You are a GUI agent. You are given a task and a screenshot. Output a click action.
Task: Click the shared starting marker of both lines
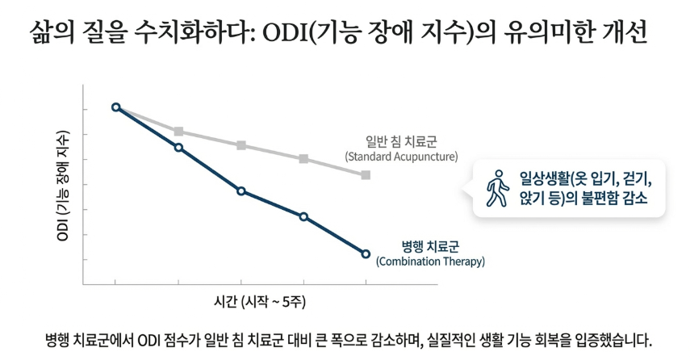click(116, 107)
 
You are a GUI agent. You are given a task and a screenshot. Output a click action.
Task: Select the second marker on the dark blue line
click(178, 147)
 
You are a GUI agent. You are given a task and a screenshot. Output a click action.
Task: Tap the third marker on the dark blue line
click(241, 190)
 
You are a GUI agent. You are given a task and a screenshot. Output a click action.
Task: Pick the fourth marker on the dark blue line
click(303, 216)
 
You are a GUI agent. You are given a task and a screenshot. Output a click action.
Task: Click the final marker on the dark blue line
click(366, 254)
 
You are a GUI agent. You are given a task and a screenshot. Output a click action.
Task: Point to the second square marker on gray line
click(178, 131)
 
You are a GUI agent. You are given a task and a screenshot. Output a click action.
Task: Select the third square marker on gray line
click(241, 145)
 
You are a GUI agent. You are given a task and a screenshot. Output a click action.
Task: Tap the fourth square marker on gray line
click(303, 158)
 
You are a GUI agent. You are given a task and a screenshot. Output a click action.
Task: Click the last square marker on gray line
click(366, 174)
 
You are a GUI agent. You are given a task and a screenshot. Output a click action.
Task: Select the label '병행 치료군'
click(430, 246)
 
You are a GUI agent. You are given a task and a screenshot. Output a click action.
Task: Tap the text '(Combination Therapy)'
click(430, 262)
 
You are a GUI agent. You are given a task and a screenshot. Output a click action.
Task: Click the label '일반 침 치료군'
click(401, 141)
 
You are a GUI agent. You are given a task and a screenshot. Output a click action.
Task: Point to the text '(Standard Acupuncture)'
click(401, 156)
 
